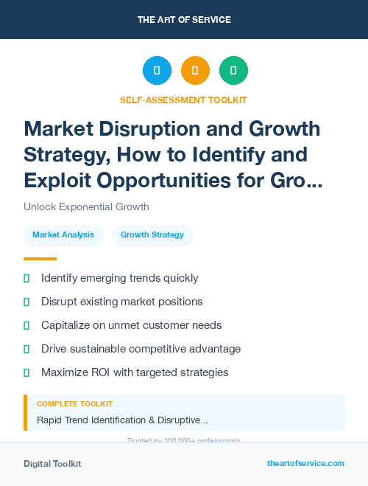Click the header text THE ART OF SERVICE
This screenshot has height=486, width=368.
[x=184, y=20]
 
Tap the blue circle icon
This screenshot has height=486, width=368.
[x=157, y=71]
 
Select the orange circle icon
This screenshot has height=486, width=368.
[x=195, y=71]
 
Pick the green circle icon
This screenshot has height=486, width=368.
[x=233, y=71]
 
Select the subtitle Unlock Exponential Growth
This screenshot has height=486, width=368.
[x=86, y=206]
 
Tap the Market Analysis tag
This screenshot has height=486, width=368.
[x=63, y=235]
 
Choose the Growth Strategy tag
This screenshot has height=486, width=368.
[x=152, y=235]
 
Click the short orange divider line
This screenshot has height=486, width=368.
[x=40, y=259]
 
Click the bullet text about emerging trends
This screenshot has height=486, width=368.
[x=119, y=278]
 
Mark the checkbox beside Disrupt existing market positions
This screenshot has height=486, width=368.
[x=26, y=302]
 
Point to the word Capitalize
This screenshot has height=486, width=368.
[x=71, y=325]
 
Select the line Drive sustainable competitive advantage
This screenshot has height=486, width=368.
[x=141, y=349]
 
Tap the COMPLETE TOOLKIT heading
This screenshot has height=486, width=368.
[x=74, y=404]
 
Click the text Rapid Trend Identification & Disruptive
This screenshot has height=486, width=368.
[x=121, y=420]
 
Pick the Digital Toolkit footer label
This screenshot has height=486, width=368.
[x=52, y=464]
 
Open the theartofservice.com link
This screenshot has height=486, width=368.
[x=305, y=463]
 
